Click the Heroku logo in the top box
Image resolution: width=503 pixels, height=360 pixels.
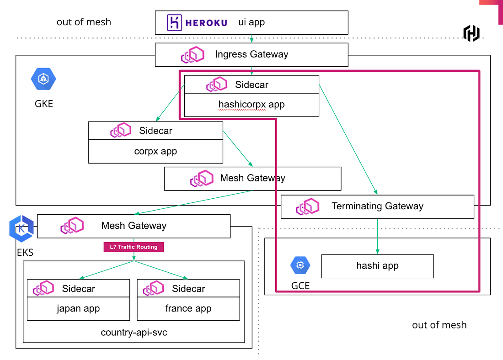(x=197, y=22)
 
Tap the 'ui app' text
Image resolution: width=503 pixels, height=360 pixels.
(x=251, y=22)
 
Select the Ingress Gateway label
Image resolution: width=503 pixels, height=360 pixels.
(x=251, y=54)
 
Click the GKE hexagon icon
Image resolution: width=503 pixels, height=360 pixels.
(x=43, y=79)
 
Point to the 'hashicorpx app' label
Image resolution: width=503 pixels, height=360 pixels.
(x=251, y=104)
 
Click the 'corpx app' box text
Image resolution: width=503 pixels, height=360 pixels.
(x=155, y=151)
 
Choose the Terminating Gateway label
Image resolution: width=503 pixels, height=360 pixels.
(x=377, y=206)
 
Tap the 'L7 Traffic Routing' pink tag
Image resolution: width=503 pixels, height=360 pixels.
(x=134, y=247)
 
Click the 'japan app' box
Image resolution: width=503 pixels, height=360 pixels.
(x=78, y=308)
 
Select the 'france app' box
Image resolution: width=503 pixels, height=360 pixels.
(x=188, y=308)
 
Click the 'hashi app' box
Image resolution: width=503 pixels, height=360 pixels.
(x=377, y=266)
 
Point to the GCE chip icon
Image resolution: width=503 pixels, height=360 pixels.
(x=300, y=265)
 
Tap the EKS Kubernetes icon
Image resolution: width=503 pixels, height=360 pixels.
(x=21, y=228)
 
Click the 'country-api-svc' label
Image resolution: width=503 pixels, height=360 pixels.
(x=134, y=332)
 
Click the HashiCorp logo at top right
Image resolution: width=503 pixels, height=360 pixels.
(x=471, y=33)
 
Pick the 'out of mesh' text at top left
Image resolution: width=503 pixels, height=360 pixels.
(x=84, y=22)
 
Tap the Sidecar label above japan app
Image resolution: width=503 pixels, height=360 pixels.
(x=79, y=289)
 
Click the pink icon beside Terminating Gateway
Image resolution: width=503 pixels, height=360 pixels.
(x=307, y=206)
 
